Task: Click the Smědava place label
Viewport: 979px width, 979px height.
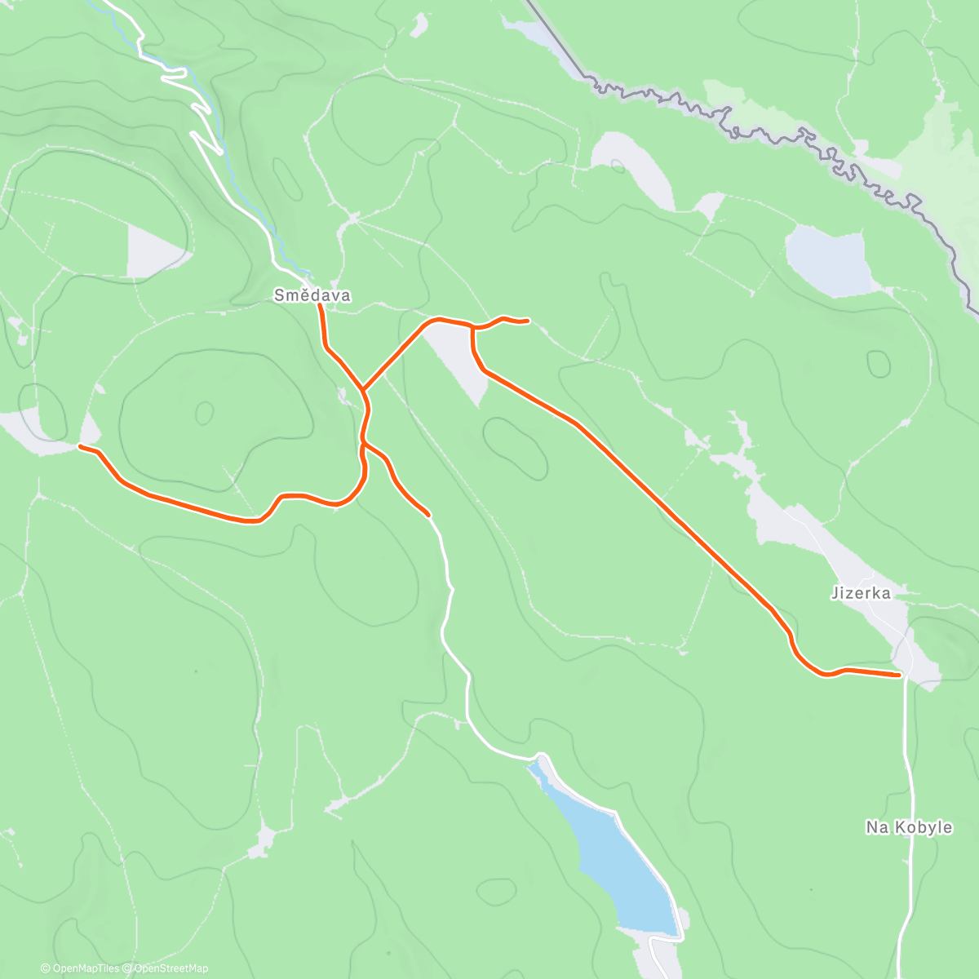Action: tap(312, 295)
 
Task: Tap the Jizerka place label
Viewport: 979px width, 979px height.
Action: tap(861, 593)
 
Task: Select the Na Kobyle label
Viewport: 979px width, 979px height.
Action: tap(908, 827)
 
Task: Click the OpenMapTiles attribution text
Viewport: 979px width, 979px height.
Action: tap(85, 968)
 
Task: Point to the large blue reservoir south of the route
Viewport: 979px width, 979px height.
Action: tap(620, 865)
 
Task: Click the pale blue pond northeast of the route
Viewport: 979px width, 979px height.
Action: tap(826, 259)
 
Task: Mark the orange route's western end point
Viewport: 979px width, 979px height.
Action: tap(80, 446)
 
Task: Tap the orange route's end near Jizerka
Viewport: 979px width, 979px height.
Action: tap(899, 675)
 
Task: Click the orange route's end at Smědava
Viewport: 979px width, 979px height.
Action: tap(320, 307)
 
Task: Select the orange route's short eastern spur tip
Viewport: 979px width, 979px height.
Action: tap(529, 321)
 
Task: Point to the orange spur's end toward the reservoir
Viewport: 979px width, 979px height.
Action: tap(428, 515)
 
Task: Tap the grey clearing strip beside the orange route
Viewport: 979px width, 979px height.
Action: tap(455, 359)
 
